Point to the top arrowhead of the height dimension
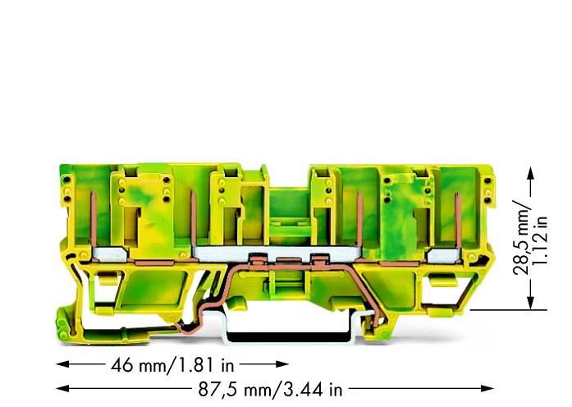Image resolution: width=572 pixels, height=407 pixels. click(532, 170)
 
